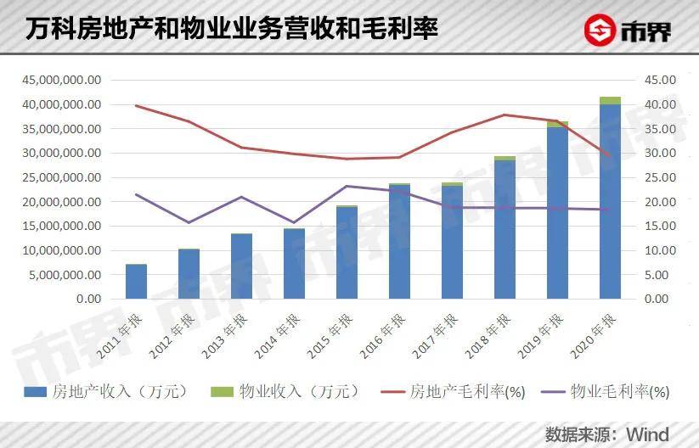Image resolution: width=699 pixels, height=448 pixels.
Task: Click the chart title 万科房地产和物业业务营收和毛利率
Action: coord(228,30)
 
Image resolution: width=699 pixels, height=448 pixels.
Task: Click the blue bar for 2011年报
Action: coord(136,282)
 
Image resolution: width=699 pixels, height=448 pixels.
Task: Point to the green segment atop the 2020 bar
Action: coord(610,101)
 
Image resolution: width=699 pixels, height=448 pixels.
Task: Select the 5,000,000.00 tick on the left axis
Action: coord(64,275)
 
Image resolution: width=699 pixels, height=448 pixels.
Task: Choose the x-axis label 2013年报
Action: coord(231,329)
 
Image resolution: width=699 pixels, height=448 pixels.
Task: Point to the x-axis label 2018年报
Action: coord(494,329)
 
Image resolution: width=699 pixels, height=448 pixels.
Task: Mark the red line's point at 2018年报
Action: coord(505,115)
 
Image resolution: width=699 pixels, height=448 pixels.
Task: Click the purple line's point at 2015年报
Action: coord(347,186)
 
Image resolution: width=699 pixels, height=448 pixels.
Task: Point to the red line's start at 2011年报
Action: coord(136,105)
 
